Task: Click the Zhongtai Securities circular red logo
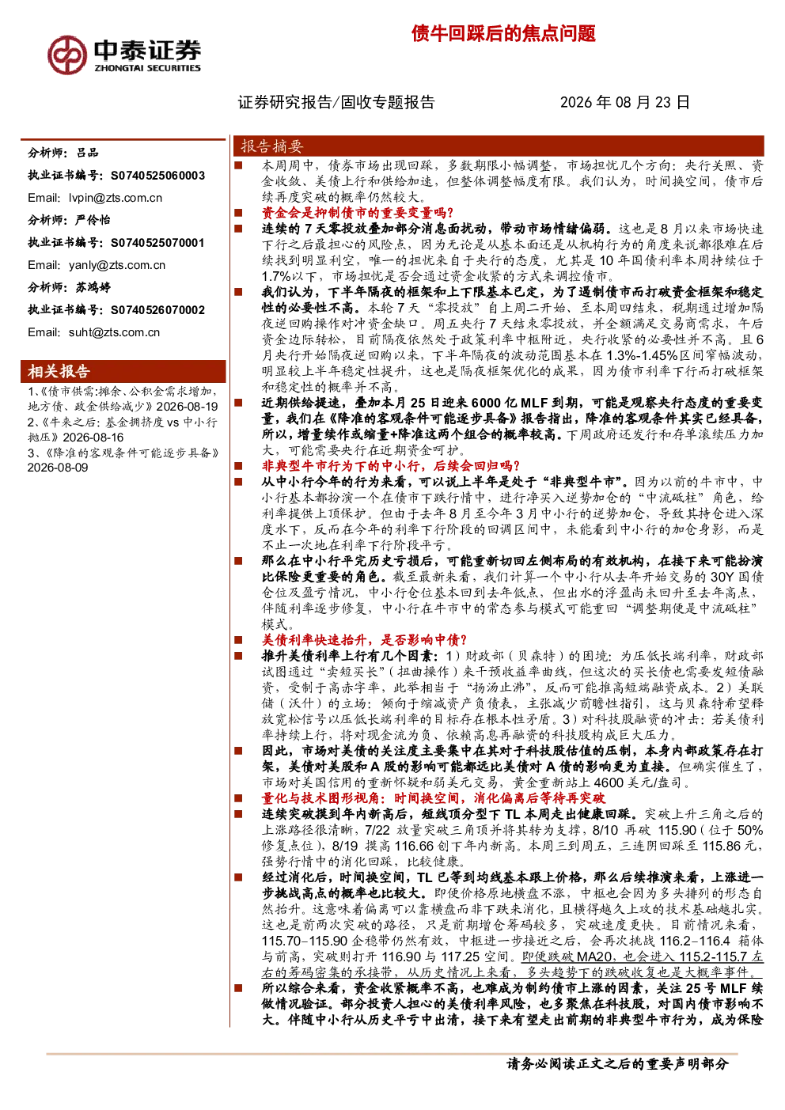point(67,55)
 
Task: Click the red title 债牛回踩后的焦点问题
point(503,34)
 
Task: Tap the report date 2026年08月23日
point(624,102)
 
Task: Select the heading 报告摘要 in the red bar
point(271,146)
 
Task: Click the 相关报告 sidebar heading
point(59,371)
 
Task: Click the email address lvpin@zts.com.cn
point(116,199)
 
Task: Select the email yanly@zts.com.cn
point(117,265)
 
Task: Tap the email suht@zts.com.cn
point(115,332)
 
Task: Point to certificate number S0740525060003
point(157,176)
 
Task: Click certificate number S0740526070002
point(157,310)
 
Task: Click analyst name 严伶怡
point(93,220)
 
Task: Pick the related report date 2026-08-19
point(187,407)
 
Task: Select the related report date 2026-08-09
point(58,468)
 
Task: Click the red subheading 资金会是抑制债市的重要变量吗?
point(358,213)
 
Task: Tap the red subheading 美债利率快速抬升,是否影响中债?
point(364,640)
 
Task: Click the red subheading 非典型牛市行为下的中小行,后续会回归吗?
point(390,466)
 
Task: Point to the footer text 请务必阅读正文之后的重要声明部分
point(617,1064)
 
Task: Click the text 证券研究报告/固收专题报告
point(336,102)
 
